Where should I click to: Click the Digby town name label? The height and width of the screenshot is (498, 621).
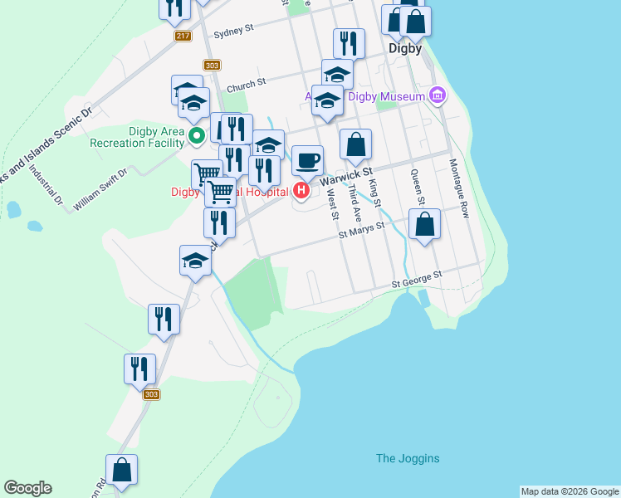(406, 48)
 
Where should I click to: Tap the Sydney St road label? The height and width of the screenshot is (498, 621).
(232, 32)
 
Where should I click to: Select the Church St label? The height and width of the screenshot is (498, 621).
(246, 83)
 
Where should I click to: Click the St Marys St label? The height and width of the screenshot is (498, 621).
(362, 231)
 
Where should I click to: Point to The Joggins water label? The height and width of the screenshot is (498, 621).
(408, 458)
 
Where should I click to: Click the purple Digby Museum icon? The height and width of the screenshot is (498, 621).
(438, 97)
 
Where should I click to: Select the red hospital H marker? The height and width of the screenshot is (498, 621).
(301, 193)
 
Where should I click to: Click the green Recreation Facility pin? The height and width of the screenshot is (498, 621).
(196, 134)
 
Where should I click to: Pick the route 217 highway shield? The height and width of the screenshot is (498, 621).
(183, 37)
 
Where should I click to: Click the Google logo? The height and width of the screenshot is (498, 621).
(27, 488)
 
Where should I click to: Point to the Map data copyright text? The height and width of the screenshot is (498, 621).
(570, 491)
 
